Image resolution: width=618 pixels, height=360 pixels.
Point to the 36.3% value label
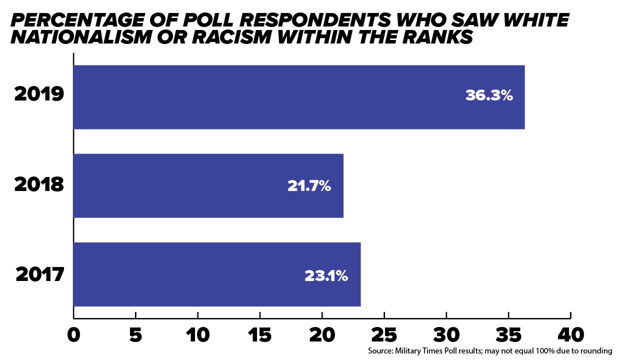488,95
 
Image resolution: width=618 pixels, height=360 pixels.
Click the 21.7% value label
309,186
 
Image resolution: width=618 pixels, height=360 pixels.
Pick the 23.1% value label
326,275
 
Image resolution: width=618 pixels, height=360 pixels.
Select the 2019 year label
39,94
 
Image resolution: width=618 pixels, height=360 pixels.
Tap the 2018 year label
39,184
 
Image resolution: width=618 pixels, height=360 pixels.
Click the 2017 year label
40,274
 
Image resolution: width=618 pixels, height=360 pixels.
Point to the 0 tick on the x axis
73,335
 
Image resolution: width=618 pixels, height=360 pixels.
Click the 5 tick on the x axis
135,335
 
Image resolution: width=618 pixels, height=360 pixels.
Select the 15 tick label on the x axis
259,335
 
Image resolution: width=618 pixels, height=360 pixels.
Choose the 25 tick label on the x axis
384,335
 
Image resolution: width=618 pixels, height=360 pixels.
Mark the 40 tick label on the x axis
570,335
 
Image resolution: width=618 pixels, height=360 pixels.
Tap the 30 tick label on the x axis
446,335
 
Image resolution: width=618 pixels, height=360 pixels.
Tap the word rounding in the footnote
595,351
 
